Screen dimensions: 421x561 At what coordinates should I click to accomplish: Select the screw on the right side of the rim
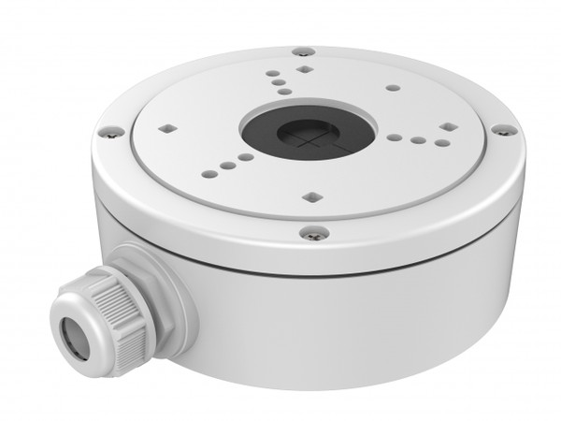[502, 129]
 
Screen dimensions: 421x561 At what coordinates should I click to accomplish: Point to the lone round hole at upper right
[394, 88]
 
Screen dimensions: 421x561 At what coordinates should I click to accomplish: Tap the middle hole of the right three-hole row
[416, 140]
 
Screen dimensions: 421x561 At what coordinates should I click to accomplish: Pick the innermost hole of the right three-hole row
[396, 138]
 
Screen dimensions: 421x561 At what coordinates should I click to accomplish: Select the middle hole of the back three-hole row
[280, 82]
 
